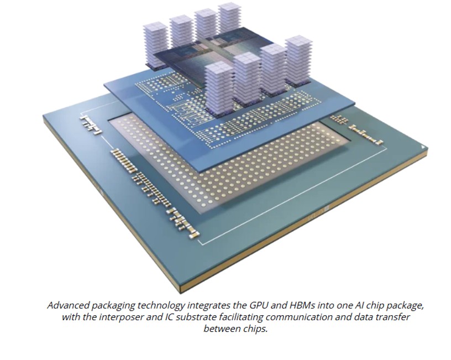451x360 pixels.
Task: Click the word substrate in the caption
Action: pyautogui.click(x=194, y=318)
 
